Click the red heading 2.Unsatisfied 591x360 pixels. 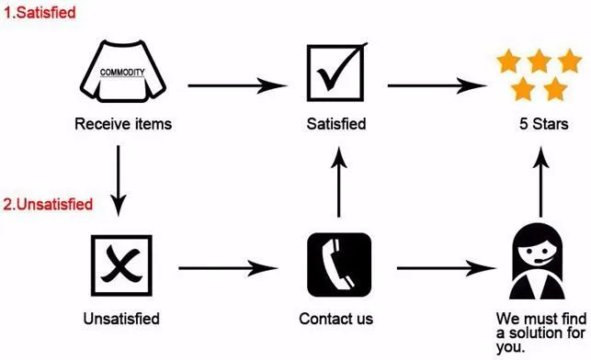(47, 204)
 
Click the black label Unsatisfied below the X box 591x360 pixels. (121, 319)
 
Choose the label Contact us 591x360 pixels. (336, 319)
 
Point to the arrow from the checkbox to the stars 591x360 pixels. (436, 86)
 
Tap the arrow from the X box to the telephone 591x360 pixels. (229, 268)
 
